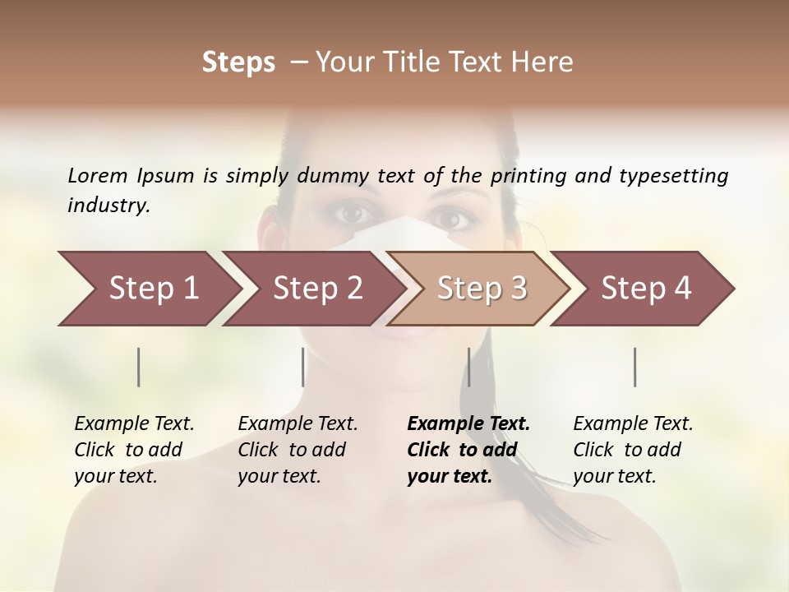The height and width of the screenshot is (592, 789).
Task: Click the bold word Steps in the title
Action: point(238,62)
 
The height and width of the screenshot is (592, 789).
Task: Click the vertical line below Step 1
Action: point(138,367)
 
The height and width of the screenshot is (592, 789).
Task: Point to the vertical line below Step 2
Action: point(303,367)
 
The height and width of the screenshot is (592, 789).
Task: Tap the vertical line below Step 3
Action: point(468,367)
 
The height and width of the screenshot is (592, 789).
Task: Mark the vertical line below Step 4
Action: point(634,367)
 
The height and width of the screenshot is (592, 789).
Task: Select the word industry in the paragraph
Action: point(108,205)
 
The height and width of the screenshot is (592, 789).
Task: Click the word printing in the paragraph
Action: point(527,175)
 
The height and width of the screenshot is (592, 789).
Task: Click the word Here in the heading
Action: point(544,62)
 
